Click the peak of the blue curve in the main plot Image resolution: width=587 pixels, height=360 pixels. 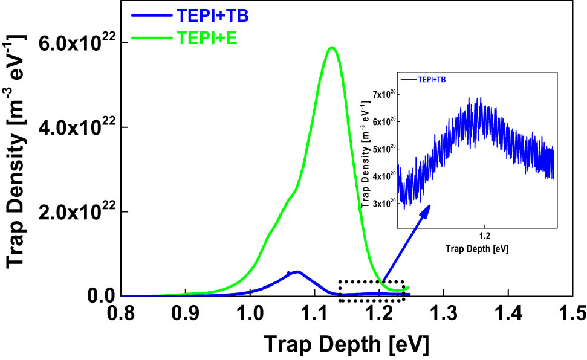click(x=297, y=272)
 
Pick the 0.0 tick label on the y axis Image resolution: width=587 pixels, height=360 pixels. click(x=100, y=296)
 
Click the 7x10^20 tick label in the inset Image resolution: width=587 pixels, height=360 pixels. click(x=382, y=94)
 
